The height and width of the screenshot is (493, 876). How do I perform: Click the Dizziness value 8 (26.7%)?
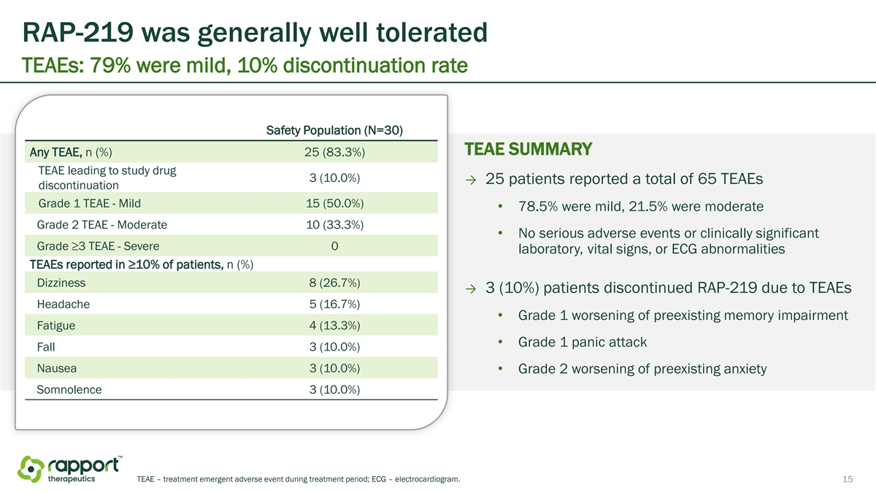click(334, 283)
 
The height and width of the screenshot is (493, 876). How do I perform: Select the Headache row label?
click(64, 304)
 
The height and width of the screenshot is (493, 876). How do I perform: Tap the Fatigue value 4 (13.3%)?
click(334, 325)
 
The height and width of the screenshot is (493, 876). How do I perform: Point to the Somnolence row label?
click(69, 389)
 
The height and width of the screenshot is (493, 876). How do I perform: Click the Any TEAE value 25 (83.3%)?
click(334, 152)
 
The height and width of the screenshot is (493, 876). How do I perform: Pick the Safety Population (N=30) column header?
click(334, 130)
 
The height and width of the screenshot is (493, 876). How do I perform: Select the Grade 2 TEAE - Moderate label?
click(101, 225)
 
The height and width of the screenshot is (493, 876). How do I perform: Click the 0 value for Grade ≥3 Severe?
click(334, 245)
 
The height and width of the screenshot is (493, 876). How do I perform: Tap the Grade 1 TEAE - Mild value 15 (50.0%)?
click(334, 203)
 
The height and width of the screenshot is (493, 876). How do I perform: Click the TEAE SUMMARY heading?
click(528, 149)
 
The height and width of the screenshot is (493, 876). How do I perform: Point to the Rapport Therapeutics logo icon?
click(31, 469)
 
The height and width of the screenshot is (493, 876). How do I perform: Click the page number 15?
click(848, 479)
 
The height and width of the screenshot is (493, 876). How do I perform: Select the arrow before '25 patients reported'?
click(472, 180)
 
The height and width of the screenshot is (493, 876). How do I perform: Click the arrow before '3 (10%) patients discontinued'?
click(472, 288)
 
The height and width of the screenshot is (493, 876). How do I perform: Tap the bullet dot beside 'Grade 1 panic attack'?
click(500, 342)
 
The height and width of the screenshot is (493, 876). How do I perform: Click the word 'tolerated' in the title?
click(431, 32)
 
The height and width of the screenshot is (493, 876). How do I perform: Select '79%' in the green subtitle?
click(110, 65)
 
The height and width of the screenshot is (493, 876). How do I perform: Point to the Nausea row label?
click(57, 368)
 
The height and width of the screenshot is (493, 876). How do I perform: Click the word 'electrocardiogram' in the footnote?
click(427, 479)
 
